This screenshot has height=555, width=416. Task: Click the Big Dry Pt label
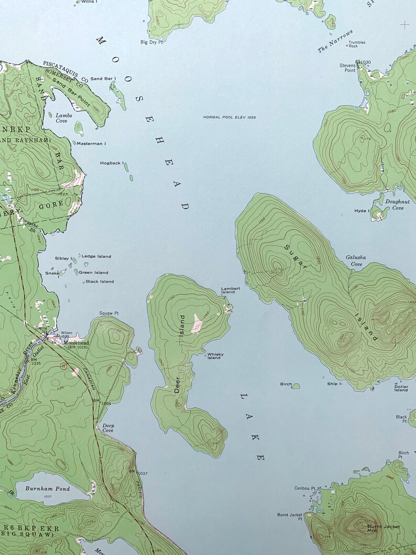(151, 42)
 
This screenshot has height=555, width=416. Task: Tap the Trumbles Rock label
(357, 44)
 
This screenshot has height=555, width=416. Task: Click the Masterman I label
(91, 143)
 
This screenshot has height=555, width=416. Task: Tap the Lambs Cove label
(62, 118)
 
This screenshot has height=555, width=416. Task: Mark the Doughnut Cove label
(395, 204)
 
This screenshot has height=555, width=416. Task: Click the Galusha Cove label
(356, 260)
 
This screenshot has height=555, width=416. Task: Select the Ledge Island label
(96, 256)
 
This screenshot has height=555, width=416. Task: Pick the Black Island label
(100, 281)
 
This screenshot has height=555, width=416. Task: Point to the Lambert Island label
(231, 290)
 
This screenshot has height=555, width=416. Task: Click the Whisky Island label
(215, 356)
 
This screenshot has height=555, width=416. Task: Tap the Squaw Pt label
(109, 313)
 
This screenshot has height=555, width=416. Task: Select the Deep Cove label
(108, 428)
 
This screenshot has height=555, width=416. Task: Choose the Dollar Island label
(401, 388)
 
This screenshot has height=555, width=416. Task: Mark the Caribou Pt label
(304, 488)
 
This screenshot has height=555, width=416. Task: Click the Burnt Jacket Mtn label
(383, 528)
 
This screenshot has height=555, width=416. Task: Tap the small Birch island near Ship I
(296, 386)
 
